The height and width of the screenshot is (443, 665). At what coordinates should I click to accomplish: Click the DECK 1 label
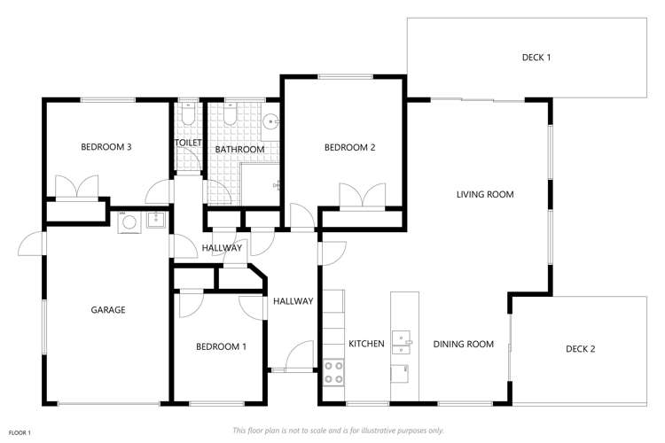[x=536, y=58]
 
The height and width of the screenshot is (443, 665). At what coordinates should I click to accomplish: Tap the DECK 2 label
[x=580, y=348]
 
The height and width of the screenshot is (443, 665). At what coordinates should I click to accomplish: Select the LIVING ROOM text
[x=485, y=194]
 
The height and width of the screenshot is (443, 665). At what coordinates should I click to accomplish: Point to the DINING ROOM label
[x=463, y=344]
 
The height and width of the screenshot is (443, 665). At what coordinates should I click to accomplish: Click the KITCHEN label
[x=365, y=344]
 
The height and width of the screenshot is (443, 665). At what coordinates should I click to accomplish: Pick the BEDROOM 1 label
[x=221, y=346]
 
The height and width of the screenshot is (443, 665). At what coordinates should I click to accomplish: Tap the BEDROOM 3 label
[x=106, y=147]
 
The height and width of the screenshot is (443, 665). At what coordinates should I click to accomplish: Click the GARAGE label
[x=108, y=310]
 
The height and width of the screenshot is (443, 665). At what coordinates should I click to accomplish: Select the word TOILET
[x=188, y=143]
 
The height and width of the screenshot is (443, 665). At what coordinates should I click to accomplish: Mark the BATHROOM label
[x=239, y=150]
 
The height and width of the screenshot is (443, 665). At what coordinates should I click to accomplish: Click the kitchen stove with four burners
[x=334, y=370]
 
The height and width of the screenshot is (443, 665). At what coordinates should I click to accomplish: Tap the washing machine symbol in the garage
[x=129, y=221]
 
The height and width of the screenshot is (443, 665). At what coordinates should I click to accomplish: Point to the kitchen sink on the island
[x=403, y=338]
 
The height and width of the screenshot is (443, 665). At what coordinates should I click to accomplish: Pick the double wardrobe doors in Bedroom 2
[x=362, y=195]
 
